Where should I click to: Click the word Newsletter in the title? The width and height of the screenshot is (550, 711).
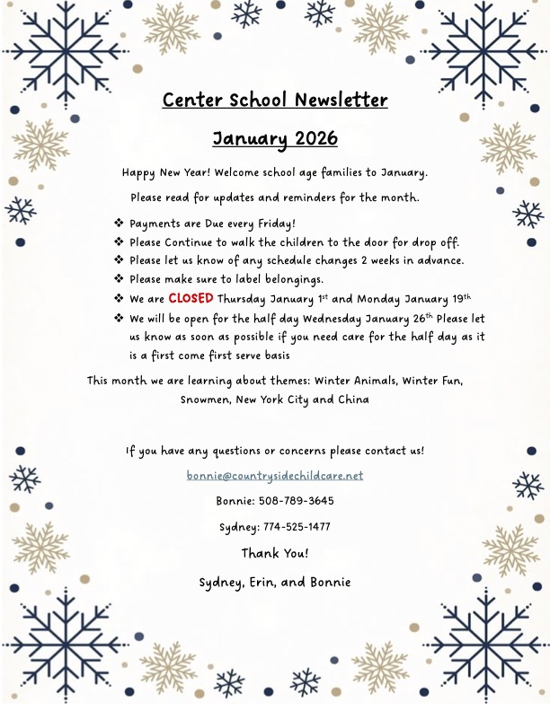[334, 100]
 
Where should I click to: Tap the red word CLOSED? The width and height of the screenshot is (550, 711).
[191, 298]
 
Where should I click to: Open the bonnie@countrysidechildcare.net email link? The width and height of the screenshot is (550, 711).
[275, 475]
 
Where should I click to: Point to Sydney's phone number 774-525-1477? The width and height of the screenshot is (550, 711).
[297, 527]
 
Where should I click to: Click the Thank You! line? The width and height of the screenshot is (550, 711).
[275, 553]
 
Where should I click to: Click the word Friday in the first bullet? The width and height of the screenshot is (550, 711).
[273, 224]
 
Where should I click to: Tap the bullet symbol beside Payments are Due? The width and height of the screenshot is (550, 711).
[119, 223]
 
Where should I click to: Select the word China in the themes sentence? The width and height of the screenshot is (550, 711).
[353, 399]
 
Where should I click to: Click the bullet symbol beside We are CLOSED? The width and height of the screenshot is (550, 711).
[119, 298]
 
